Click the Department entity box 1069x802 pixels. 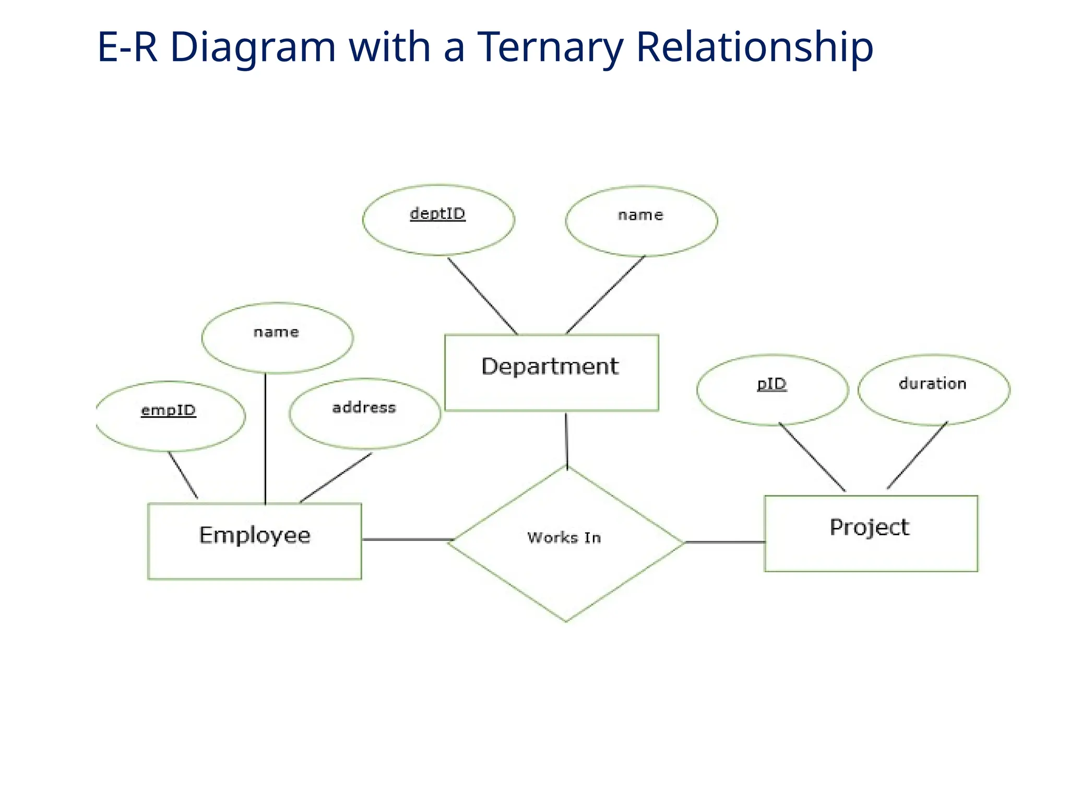click(551, 372)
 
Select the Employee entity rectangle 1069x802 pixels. click(255, 541)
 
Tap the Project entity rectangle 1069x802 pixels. click(871, 533)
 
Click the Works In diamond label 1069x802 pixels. click(564, 538)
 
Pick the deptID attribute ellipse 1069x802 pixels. click(438, 220)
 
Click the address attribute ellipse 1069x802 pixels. click(365, 414)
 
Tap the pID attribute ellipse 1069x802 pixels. click(772, 390)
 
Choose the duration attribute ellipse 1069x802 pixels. click(933, 390)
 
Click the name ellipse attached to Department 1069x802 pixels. click(641, 221)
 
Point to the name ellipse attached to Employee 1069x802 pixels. click(277, 338)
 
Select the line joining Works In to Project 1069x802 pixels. click(724, 542)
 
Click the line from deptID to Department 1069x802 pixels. click(482, 296)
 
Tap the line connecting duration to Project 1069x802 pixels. click(917, 455)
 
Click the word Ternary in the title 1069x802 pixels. click(550, 47)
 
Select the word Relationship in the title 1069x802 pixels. click(754, 47)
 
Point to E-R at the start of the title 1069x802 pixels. click(127, 47)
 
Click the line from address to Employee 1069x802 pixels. click(336, 478)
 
